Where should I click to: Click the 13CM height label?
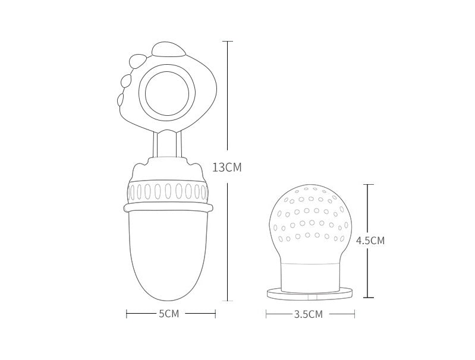pos(227,167)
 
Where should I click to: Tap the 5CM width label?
pos(169,314)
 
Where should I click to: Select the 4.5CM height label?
pos(370,241)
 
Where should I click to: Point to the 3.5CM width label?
pos(309,314)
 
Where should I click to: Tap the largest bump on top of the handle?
pos(168,50)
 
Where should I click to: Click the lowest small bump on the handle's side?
pos(121,100)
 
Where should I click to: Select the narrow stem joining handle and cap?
pos(167,144)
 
